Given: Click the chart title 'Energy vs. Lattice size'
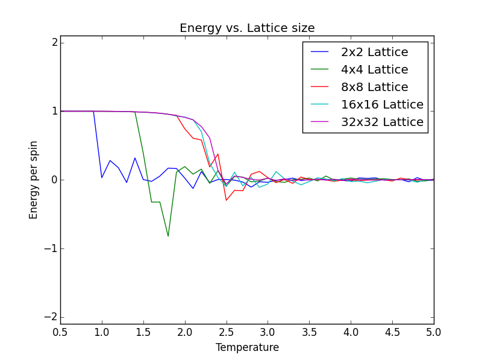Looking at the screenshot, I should (x=247, y=28).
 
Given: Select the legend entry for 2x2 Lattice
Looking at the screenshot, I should (x=374, y=52).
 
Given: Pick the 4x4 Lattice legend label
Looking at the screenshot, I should (x=374, y=70).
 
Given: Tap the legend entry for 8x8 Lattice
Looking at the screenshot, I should (x=374, y=87).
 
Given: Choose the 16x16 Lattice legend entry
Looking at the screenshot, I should (x=382, y=105).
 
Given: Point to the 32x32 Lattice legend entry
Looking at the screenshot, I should (x=382, y=122).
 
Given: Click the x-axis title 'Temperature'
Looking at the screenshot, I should (x=247, y=348).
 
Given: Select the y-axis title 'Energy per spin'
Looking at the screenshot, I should (x=34, y=180).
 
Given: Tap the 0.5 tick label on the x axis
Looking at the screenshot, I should (x=60, y=332).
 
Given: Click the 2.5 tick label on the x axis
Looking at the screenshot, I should (x=227, y=332).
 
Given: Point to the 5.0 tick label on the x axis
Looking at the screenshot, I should (x=434, y=332).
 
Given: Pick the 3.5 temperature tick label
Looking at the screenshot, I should (x=309, y=332).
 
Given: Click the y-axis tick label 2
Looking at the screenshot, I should (x=54, y=42).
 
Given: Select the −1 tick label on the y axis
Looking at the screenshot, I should (x=51, y=248).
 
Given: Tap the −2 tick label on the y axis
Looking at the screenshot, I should (x=51, y=317).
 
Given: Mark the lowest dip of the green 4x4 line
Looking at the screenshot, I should (x=168, y=236).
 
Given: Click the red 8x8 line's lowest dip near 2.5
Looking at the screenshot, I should (x=227, y=200).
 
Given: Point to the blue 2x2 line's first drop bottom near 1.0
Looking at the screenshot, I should (x=102, y=177).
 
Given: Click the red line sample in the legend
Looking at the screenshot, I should (x=321, y=87).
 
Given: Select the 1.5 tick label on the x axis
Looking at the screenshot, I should (x=143, y=332).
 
